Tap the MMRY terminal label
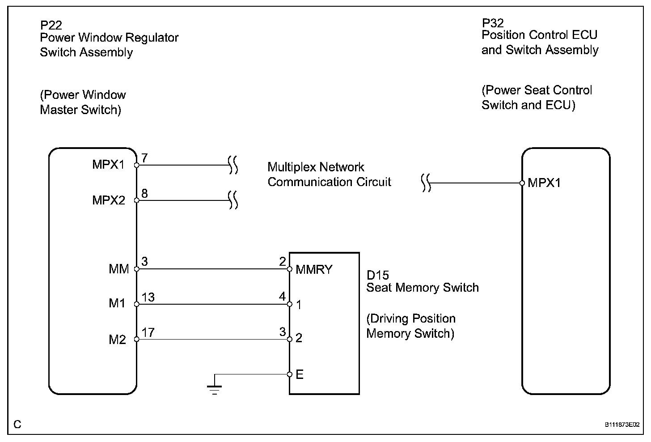coord(314,270)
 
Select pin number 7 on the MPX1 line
coord(144,158)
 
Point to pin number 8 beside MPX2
coord(144,193)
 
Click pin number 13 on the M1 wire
coord(148,297)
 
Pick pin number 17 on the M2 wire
coord(148,332)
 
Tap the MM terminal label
coord(118,269)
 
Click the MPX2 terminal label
coord(108,200)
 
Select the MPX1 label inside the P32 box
coord(544,183)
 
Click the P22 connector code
coord(51,25)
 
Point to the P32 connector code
coord(493,23)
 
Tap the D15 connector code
coord(377,275)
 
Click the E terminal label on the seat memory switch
coord(300,374)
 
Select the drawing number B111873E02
coord(622,425)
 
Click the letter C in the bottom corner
coord(17,424)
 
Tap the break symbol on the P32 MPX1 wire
coord(426,183)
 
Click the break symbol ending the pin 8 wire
coord(233,200)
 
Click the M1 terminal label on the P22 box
coord(117,303)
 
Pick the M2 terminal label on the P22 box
coord(117,340)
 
